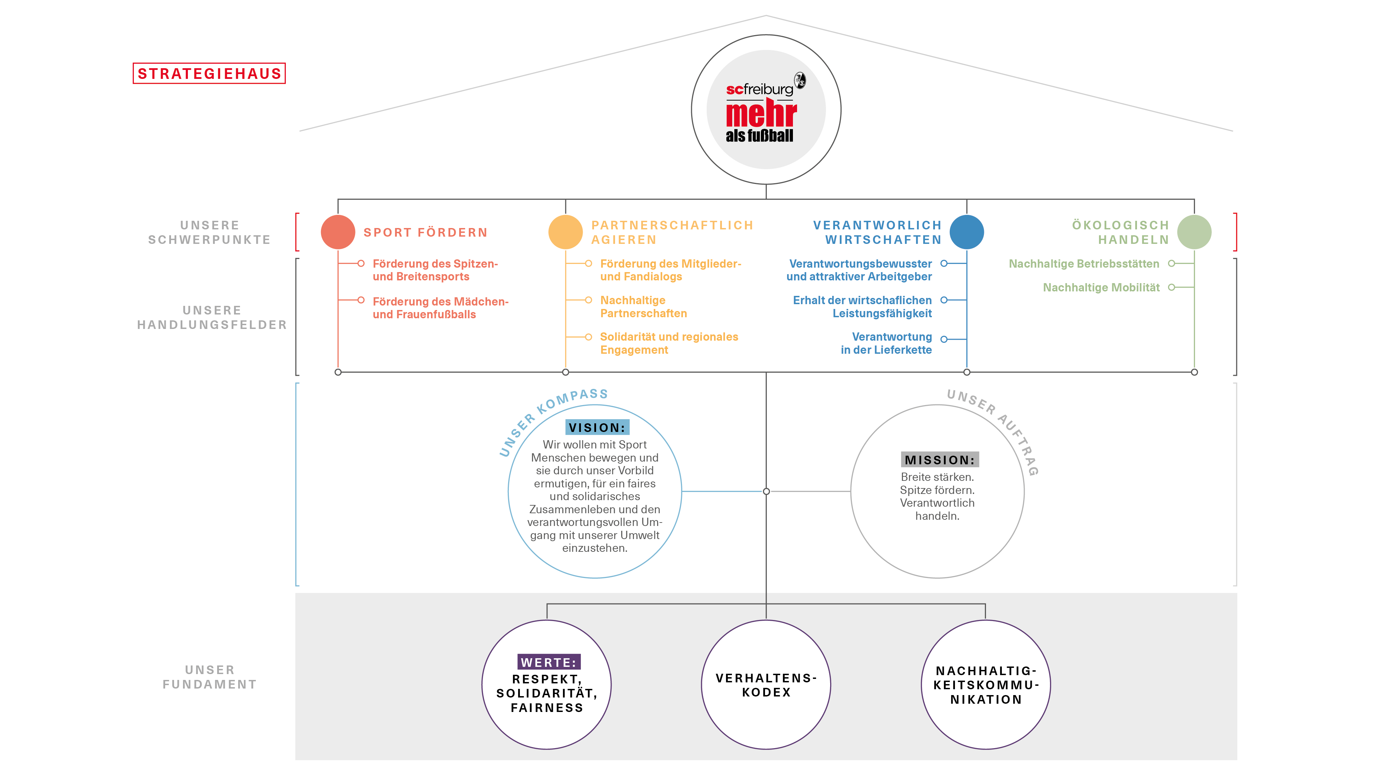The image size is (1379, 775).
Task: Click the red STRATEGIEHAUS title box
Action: (209, 73)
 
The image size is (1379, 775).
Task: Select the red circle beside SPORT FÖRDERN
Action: (338, 232)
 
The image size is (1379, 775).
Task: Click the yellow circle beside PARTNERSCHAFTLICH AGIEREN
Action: (565, 232)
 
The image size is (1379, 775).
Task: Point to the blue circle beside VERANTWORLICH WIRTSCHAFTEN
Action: (967, 232)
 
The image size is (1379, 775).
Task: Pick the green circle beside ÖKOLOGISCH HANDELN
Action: (1194, 232)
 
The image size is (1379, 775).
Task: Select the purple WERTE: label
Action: (549, 662)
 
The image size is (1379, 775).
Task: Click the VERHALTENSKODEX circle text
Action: (766, 685)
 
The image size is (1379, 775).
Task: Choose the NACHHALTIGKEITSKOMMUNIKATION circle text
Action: (986, 685)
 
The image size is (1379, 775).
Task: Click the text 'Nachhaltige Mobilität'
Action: (1101, 288)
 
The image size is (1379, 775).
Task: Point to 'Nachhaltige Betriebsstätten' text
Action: (1084, 264)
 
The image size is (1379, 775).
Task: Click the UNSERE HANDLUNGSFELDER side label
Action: (212, 318)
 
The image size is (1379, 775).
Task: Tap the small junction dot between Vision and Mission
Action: (766, 491)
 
